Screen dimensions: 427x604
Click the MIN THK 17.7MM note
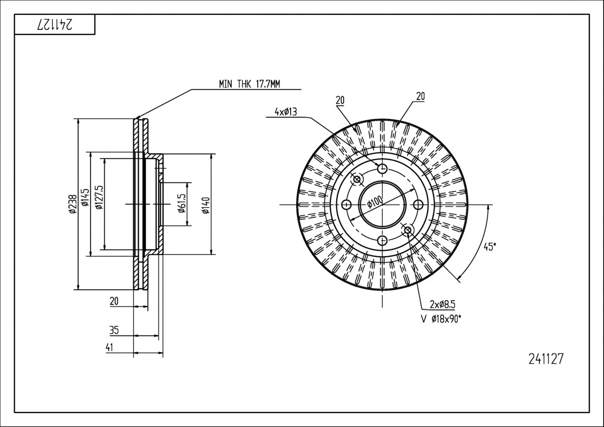point(249,84)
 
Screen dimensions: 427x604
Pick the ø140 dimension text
point(206,205)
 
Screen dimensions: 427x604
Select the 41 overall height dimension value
point(109,347)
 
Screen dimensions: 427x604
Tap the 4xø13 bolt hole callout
point(286,112)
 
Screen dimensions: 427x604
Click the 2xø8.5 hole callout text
point(442,304)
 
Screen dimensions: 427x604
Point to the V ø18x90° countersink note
point(441,319)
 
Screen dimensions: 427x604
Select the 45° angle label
point(490,247)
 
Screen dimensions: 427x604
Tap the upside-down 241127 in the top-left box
point(55,25)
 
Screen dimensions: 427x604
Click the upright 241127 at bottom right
point(546,359)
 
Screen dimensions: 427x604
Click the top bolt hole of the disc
point(382,168)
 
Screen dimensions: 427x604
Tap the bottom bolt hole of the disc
point(382,240)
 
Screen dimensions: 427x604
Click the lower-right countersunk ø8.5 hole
point(407,230)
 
